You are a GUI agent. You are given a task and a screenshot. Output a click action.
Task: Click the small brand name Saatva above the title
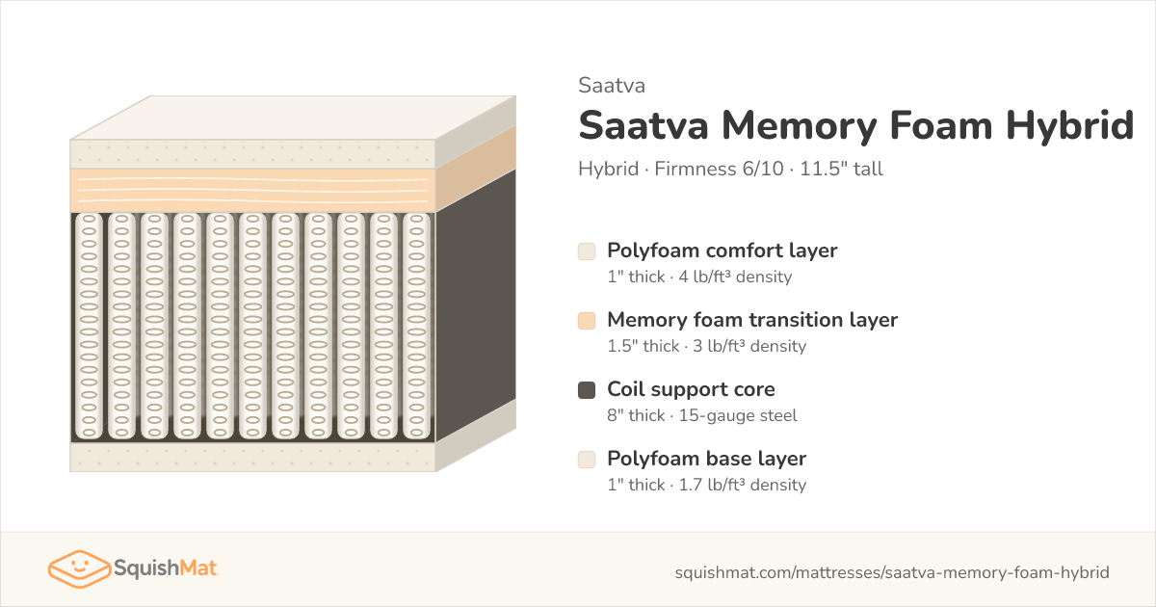pyautogui.click(x=612, y=86)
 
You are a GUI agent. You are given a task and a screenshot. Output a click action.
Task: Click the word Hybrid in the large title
pyautogui.click(x=1069, y=126)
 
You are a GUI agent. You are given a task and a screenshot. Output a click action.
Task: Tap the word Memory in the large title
pyautogui.click(x=799, y=126)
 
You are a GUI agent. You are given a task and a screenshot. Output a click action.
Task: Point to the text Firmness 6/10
pyautogui.click(x=719, y=169)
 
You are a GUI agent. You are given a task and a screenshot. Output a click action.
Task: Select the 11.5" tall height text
pyautogui.click(x=841, y=169)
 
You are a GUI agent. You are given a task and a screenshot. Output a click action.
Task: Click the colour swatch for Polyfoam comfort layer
pyautogui.click(x=587, y=251)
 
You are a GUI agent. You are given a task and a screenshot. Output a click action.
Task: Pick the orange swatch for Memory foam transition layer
pyautogui.click(x=587, y=321)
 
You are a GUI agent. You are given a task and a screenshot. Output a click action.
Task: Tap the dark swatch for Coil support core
pyautogui.click(x=587, y=390)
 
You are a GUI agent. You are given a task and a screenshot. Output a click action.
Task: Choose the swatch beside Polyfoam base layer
pyautogui.click(x=587, y=460)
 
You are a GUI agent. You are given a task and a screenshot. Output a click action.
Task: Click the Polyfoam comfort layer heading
pyautogui.click(x=722, y=251)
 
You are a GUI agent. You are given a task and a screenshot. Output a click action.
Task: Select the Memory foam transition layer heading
pyautogui.click(x=752, y=320)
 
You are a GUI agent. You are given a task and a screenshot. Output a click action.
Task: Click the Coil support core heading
pyautogui.click(x=691, y=389)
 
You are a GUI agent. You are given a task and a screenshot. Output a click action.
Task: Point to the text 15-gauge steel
pyautogui.click(x=738, y=415)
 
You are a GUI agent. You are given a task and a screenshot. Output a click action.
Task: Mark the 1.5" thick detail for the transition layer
pyautogui.click(x=644, y=346)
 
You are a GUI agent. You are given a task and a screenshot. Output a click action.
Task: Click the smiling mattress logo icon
pyautogui.click(x=79, y=568)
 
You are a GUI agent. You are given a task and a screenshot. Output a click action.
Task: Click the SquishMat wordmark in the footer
pyautogui.click(x=166, y=568)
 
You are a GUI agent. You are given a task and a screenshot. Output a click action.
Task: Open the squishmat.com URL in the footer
pyautogui.click(x=892, y=572)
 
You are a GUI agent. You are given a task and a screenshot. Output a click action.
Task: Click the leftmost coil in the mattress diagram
pyautogui.click(x=89, y=327)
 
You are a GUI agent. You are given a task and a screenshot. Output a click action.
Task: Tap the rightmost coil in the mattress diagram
pyautogui.click(x=416, y=327)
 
